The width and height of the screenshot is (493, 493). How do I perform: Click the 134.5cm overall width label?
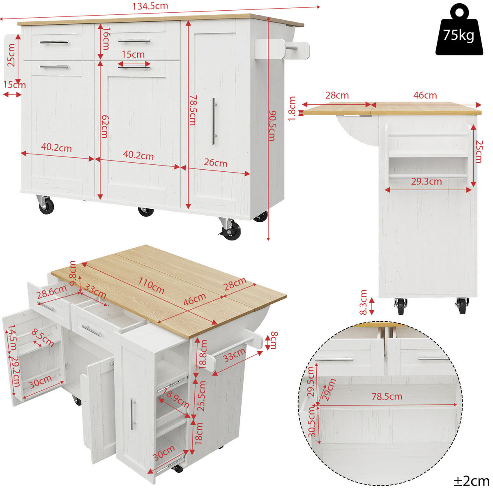pos(150,6)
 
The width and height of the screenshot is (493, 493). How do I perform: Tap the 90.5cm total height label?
pos(272,126)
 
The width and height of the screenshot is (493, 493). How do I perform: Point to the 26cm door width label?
pos(215,163)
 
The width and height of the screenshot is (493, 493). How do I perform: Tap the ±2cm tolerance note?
pos(472,481)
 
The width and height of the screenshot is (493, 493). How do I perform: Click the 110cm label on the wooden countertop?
pos(151,286)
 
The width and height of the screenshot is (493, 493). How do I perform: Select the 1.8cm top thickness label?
pos(292,108)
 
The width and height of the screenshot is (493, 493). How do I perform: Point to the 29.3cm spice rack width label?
pos(426,182)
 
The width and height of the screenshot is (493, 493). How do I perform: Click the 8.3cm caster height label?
pos(363,302)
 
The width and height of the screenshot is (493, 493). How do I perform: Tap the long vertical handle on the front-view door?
pos(213,121)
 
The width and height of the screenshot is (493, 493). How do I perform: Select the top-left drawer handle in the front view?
pos(54,42)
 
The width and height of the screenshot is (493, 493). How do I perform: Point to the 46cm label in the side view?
pos(425,95)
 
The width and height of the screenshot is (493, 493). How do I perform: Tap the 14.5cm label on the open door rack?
pos(12,338)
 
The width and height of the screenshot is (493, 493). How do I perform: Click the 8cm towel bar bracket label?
pos(274,340)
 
